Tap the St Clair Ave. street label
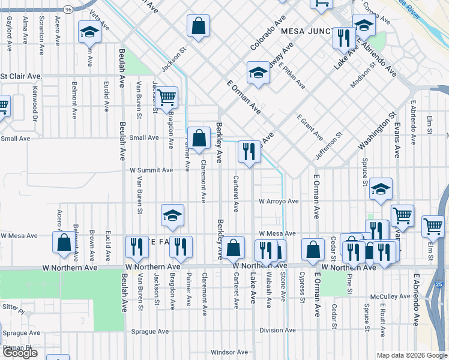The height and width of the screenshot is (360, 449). pos(22,77)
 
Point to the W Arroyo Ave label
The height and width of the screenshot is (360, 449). pos(279,202)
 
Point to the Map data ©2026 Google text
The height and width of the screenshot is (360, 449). pos(411,355)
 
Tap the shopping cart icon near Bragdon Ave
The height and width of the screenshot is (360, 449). pos(166,96)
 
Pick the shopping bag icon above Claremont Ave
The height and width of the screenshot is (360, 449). pos(199,137)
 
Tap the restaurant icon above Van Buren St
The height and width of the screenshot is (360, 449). pos(137,246)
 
